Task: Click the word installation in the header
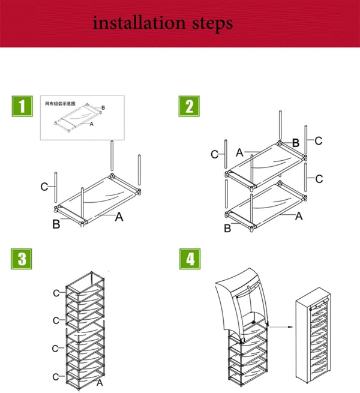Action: point(139,23)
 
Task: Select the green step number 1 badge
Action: point(22,107)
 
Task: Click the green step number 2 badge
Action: point(190,107)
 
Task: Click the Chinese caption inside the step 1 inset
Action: point(61,103)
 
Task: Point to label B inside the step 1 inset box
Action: point(103,107)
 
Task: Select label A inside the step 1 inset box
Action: point(91,124)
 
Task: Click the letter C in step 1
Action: point(44,187)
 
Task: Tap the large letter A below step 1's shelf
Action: point(119,217)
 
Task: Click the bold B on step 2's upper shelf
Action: point(295,143)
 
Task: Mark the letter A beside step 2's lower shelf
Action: point(298,217)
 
